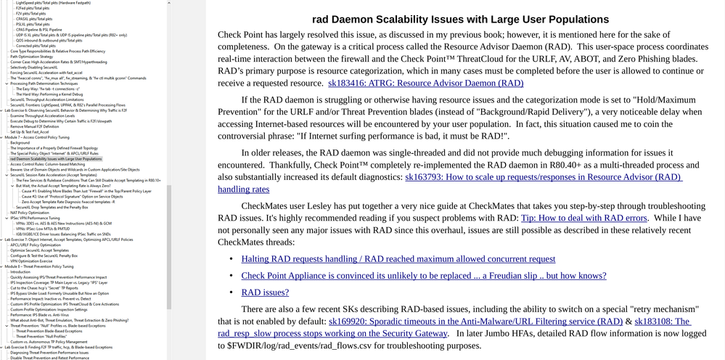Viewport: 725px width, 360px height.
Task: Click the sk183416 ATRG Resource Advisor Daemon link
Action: [x=425, y=83]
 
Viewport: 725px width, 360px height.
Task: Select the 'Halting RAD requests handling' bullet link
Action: [x=398, y=258]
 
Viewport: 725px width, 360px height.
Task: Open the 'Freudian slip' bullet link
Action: [x=423, y=275]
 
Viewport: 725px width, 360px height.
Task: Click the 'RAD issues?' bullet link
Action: [x=265, y=292]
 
